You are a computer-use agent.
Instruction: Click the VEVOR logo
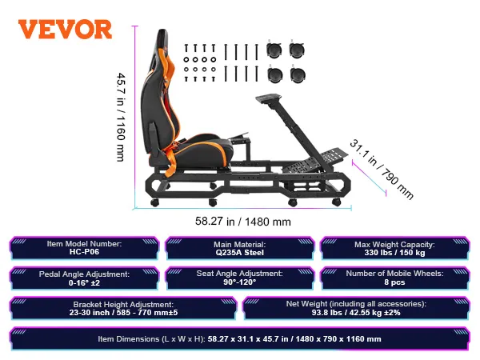66,29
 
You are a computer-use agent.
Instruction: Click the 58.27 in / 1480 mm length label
243,222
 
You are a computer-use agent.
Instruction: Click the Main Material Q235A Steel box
239,248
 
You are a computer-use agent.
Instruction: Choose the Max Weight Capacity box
393,248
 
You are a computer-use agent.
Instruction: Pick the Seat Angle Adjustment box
239,278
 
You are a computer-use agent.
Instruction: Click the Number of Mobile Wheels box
393,278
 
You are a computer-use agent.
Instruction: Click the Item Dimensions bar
239,339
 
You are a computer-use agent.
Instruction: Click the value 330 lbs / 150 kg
393,254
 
